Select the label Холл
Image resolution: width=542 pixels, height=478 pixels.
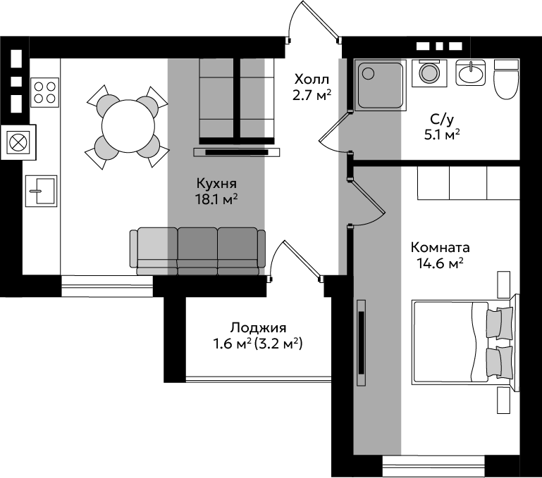pos(312,80)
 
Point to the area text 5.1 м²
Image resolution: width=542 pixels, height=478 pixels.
pos(442,134)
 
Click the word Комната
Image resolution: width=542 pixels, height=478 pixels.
pos(441,248)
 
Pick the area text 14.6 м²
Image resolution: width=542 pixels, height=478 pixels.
pos(440,264)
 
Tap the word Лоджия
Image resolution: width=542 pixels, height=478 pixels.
pos(258,327)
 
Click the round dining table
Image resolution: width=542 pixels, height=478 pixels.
pos(128,126)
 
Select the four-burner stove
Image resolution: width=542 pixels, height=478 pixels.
pos(44,92)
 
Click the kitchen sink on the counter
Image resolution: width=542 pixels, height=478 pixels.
pos(41,191)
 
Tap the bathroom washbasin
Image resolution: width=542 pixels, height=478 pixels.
pos(470,73)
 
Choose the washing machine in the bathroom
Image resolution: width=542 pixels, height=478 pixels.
pos(429,73)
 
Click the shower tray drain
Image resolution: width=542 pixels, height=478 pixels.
pos(369,73)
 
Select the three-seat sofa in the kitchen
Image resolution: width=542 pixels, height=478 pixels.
pos(198,251)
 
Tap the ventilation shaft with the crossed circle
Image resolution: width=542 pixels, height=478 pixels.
pos(18,142)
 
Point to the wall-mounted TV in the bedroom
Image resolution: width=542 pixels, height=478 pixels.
pos(362,343)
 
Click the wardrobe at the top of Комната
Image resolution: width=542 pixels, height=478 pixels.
pos(469,183)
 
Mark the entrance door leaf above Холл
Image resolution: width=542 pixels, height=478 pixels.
pos(320,20)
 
